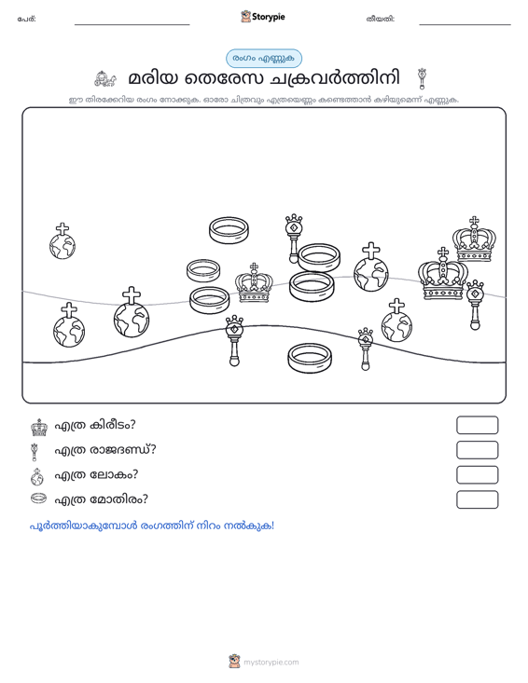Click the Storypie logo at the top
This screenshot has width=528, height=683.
[263, 17]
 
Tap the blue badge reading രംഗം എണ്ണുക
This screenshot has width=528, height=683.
[264, 59]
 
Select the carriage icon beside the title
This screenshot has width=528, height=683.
[105, 78]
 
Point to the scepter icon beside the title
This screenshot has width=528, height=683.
[422, 78]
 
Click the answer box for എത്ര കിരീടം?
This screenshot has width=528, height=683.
[477, 425]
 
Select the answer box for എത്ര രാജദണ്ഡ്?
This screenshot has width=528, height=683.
[477, 450]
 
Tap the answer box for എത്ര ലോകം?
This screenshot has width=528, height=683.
[477, 475]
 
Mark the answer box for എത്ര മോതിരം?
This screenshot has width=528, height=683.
[477, 499]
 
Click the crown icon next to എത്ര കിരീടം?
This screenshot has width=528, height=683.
[39, 428]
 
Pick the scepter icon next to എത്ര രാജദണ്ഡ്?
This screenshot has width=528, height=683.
[35, 452]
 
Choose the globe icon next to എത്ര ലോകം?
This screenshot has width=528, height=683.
[37, 477]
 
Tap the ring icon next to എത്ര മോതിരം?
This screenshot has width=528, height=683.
[38, 498]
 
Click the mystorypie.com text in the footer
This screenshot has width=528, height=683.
[271, 663]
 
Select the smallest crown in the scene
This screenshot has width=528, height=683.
[254, 283]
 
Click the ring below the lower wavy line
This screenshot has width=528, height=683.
[310, 358]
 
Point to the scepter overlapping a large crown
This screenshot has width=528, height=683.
[475, 305]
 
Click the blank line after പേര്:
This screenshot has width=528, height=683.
[132, 24]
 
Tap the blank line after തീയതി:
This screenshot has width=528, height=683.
[465, 24]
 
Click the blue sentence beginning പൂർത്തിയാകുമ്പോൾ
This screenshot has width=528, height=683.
[152, 526]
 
